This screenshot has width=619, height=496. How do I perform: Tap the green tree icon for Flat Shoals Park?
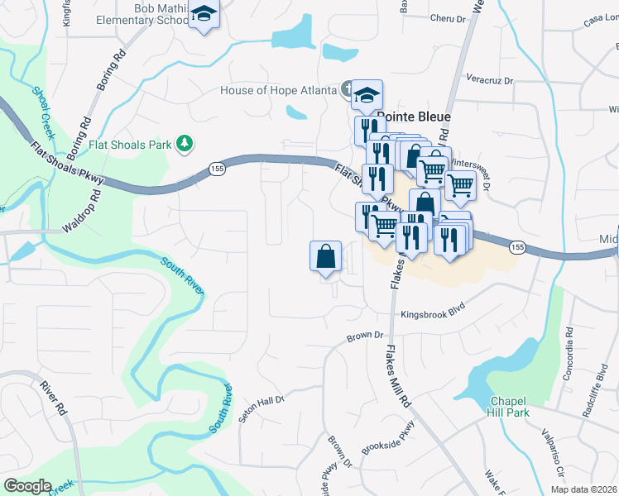[x=186, y=145]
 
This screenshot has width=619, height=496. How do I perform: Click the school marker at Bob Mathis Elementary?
[x=203, y=16]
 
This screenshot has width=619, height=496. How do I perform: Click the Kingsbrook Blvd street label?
[x=429, y=315]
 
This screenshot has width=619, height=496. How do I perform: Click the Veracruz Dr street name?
[x=491, y=81]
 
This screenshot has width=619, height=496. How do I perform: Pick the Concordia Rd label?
[x=569, y=344]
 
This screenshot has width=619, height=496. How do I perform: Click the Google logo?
[x=27, y=486]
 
